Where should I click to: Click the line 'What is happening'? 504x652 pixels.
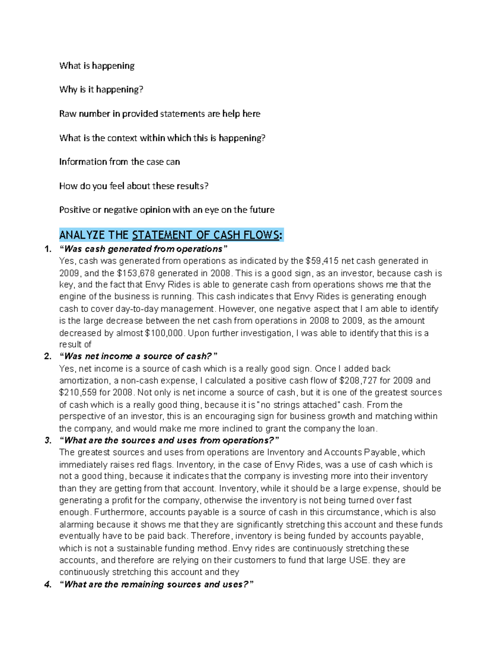click(97, 65)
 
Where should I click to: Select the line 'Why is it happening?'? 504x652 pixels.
click(101, 89)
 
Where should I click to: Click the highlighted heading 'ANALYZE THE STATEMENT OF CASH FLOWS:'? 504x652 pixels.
click(171, 235)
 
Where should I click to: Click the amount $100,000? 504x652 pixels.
click(164, 333)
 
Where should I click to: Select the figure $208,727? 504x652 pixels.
click(355, 381)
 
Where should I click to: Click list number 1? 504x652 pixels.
click(48, 249)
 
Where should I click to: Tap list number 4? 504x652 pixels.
click(48, 584)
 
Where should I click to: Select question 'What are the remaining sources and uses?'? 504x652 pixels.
click(157, 584)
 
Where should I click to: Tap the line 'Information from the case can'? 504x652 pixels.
click(120, 162)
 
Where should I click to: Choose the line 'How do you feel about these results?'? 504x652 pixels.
click(134, 186)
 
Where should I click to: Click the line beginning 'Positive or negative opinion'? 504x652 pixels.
click(167, 210)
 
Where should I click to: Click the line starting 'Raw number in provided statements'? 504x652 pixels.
click(160, 114)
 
